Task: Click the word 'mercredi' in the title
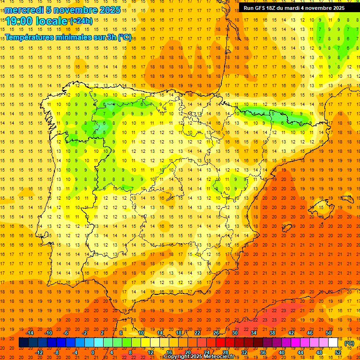pyautogui.click(x=25, y=10)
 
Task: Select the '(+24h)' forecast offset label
pyautogui.click(x=81, y=21)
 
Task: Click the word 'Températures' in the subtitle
pyautogui.click(x=29, y=37)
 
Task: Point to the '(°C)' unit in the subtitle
pyautogui.click(x=125, y=37)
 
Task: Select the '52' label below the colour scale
pyautogui.click(x=338, y=352)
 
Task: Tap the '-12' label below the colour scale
pyautogui.click(x=39, y=352)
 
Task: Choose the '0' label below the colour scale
pyautogui.click(x=93, y=352)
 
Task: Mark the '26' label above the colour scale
pyautogui.click(x=216, y=333)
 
